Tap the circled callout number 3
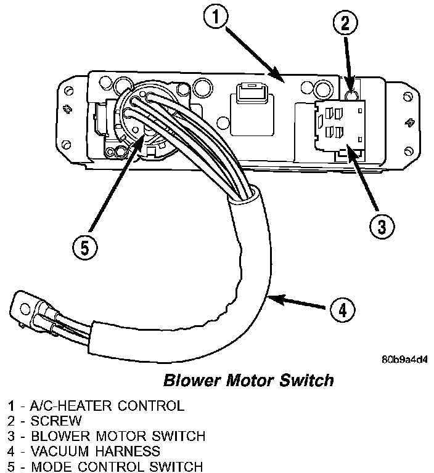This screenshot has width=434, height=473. [381, 227]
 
